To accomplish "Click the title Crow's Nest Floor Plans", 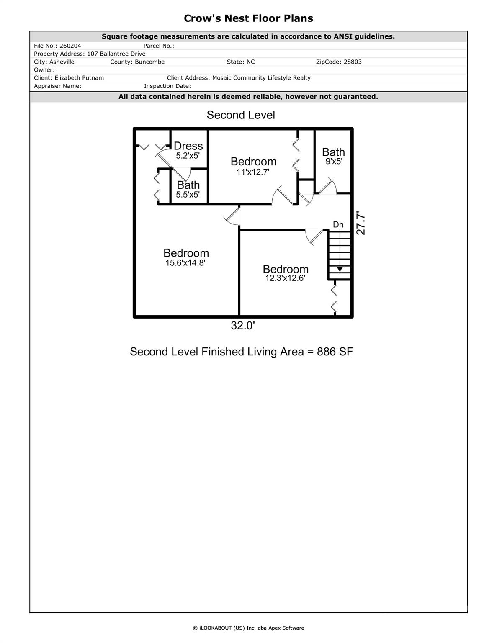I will [248, 18].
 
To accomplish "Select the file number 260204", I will [70, 46].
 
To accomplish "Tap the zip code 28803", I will [353, 62].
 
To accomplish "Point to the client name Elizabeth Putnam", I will [79, 78].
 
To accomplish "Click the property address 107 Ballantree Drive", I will [116, 54].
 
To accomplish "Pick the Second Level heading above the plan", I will [241, 115].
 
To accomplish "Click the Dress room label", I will [188, 146].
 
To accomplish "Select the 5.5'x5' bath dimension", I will [188, 195].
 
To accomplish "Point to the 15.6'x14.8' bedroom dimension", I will [185, 263].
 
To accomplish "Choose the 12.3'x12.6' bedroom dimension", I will [285, 278].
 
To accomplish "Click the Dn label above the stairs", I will [338, 225].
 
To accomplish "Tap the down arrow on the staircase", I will [340, 269].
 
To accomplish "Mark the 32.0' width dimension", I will [243, 326].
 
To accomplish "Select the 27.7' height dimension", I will [361, 225].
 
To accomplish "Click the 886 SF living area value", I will [335, 352].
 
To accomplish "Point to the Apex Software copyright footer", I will [248, 628].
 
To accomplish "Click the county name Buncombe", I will [149, 62].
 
